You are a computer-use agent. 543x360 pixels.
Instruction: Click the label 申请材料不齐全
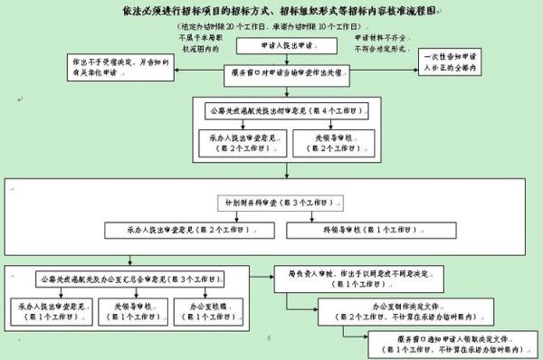click(x=348, y=40)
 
